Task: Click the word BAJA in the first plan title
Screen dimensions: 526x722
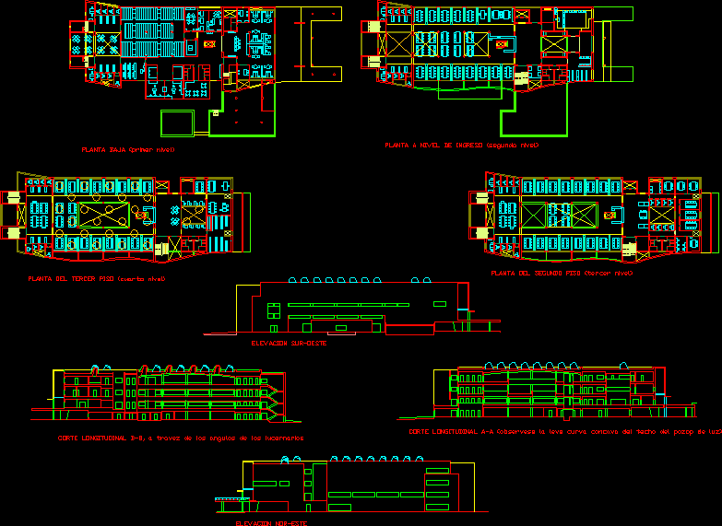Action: [x=118, y=149]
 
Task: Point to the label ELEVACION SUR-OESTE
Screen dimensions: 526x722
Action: [x=288, y=343]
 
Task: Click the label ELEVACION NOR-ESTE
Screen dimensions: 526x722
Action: [x=271, y=522]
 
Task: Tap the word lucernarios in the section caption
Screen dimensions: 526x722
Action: [x=280, y=438]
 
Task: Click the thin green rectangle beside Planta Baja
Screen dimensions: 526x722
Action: [x=177, y=123]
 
